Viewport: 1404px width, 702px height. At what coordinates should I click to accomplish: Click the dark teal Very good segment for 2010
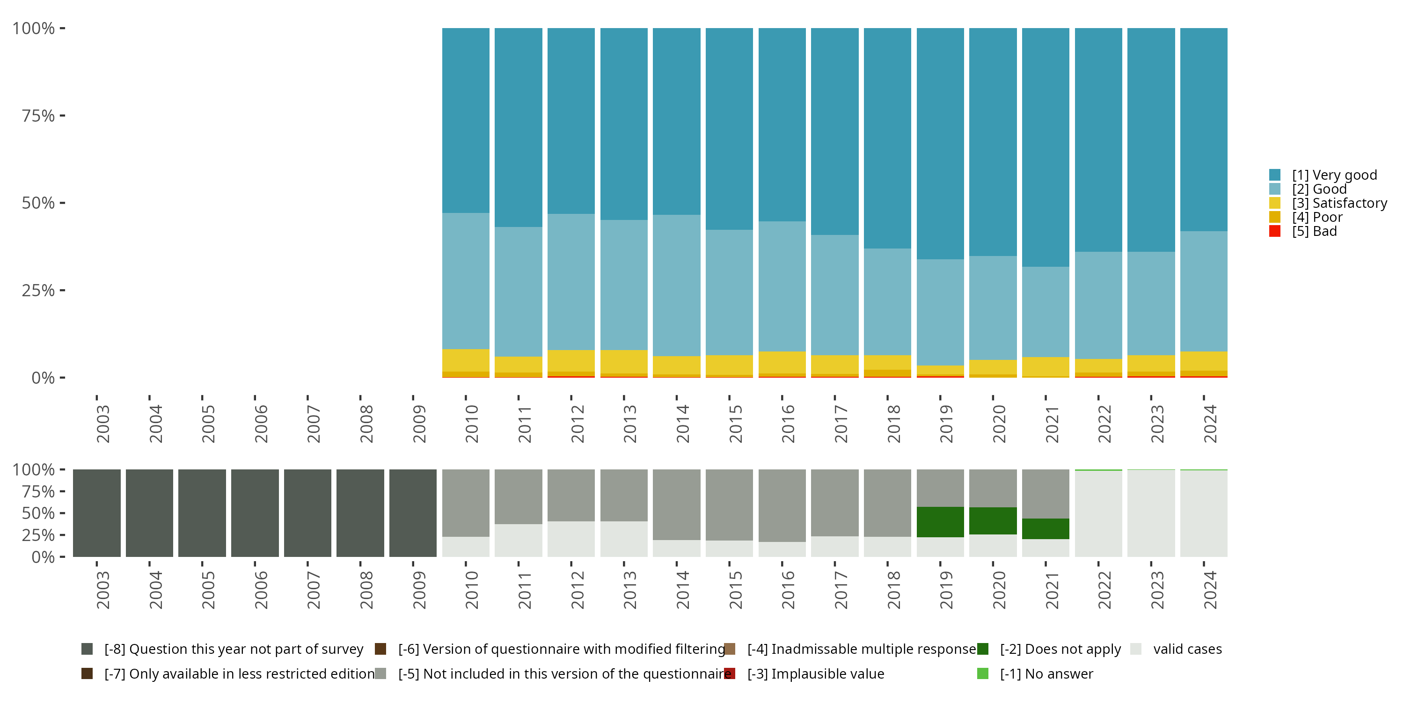pos(466,120)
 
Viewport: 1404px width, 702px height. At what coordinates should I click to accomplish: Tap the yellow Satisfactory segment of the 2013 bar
pos(624,361)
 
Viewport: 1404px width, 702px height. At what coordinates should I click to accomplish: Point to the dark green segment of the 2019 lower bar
pos(940,522)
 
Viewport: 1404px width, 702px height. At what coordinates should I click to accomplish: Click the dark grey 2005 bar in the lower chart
pos(202,513)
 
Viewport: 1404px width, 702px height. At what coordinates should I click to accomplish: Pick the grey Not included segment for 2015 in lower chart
pos(729,505)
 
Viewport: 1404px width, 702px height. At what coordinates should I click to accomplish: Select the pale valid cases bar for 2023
pos(1151,513)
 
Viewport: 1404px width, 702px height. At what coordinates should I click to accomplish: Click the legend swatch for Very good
pos(1275,175)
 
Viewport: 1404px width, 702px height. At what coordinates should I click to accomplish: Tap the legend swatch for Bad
pos(1275,231)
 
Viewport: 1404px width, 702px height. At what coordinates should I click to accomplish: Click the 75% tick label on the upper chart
pos(38,116)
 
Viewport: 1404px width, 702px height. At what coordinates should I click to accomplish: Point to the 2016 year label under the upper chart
pos(788,424)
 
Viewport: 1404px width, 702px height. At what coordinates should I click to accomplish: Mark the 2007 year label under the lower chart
pos(314,590)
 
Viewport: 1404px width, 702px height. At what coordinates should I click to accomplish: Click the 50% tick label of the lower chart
pos(38,513)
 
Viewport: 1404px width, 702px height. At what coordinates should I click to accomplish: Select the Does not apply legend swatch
pos(983,649)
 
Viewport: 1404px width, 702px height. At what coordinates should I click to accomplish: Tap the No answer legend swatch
pos(983,673)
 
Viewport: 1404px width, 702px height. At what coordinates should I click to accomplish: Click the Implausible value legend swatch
pos(730,673)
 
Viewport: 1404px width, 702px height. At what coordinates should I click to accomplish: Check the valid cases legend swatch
pos(1136,649)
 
